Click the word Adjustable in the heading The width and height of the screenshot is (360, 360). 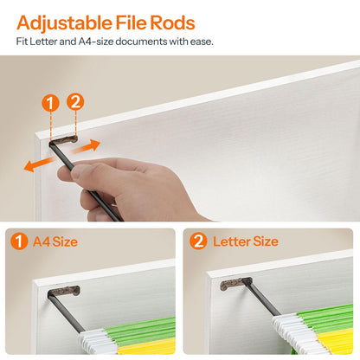pyautogui.click(x=65, y=22)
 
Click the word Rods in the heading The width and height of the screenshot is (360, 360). pyautogui.click(x=172, y=22)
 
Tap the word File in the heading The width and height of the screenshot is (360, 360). pyautogui.click(x=132, y=22)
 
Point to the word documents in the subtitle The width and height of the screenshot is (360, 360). pyautogui.click(x=141, y=42)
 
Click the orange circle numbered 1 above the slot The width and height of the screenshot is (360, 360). pyautogui.click(x=50, y=103)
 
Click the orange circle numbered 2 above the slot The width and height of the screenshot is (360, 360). pyautogui.click(x=75, y=102)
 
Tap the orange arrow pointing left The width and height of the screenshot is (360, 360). pyautogui.click(x=39, y=164)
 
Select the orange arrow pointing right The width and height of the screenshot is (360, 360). pyautogui.click(x=86, y=146)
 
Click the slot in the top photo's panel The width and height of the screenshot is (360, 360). pyautogui.click(x=63, y=139)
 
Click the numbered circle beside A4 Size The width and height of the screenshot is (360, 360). pyautogui.click(x=19, y=241)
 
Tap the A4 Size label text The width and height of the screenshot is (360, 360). pyautogui.click(x=55, y=241)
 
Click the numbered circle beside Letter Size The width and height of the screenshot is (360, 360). pyautogui.click(x=198, y=241)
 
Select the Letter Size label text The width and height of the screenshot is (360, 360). pyautogui.click(x=246, y=241)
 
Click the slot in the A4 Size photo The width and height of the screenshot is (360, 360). pyautogui.click(x=64, y=291)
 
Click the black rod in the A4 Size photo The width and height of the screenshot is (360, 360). pyautogui.click(x=65, y=312)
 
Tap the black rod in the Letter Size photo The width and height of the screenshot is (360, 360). pyautogui.click(x=262, y=298)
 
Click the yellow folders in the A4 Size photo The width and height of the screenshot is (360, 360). pyautogui.click(x=147, y=346)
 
